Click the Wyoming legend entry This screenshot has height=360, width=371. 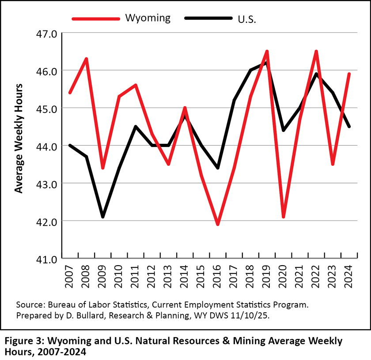pyautogui.click(x=148, y=18)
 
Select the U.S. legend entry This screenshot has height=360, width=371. pyautogui.click(x=247, y=19)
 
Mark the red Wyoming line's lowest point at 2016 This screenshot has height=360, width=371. pyautogui.click(x=218, y=224)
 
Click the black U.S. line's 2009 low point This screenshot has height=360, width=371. pyautogui.click(x=103, y=217)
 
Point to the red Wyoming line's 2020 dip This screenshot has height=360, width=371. pyautogui.click(x=284, y=217)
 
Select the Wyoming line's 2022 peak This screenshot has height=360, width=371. pyautogui.click(x=316, y=52)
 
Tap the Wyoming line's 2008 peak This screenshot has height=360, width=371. pyautogui.click(x=87, y=59)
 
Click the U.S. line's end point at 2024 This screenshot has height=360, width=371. pyautogui.click(x=349, y=127)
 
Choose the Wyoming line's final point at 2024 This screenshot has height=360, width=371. pyautogui.click(x=349, y=74)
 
